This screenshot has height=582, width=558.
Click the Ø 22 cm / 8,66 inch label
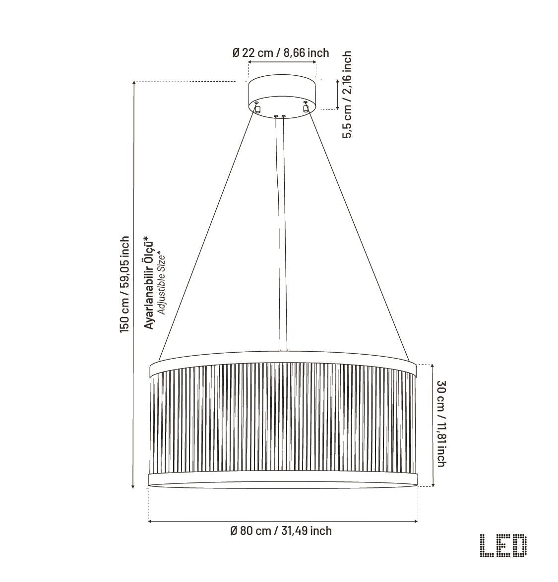281,53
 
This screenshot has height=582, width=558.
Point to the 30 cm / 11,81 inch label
440,423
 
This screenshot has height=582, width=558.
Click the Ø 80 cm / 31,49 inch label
281,531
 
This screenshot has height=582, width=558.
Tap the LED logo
503,546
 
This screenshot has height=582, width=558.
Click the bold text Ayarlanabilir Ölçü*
148,283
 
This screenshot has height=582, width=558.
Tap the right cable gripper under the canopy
306,107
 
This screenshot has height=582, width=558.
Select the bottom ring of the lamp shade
283,481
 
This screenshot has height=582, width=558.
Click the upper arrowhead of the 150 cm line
133,84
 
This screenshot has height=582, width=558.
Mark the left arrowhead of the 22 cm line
249,62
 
